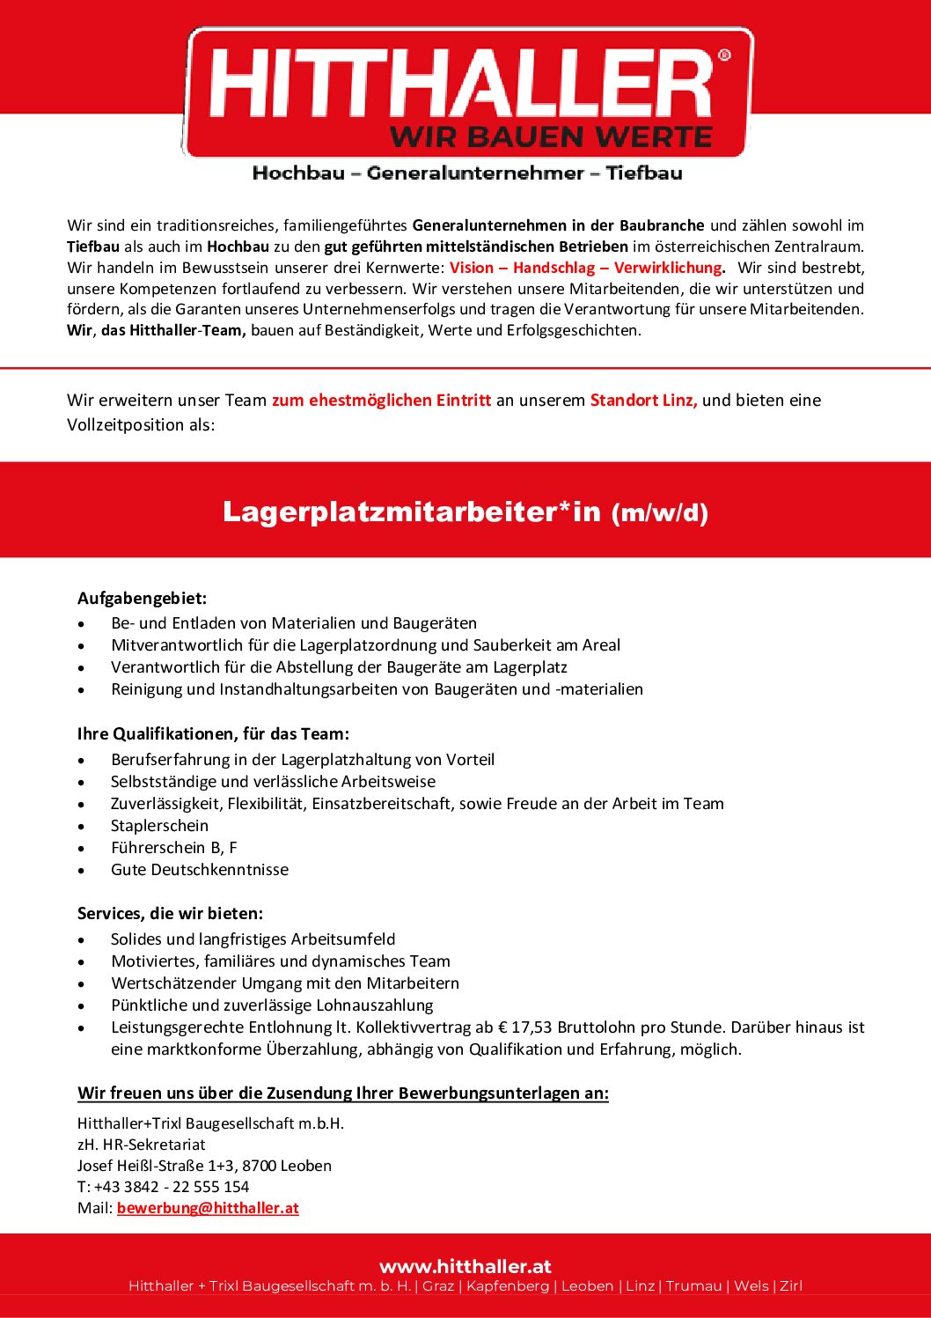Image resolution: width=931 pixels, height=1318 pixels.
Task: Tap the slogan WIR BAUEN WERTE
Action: (551, 137)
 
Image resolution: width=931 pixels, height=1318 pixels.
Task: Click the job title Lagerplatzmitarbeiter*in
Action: (411, 511)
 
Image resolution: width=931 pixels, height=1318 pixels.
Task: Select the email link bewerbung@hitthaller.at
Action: (208, 1208)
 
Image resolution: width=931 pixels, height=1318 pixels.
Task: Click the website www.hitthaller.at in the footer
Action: (465, 1266)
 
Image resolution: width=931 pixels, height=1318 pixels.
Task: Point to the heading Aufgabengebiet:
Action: (142, 599)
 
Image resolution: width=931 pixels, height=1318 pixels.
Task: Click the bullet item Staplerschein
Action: (159, 826)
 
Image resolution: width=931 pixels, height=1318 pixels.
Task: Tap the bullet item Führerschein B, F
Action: (173, 848)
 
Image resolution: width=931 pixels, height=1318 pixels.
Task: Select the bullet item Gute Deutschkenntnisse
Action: (199, 870)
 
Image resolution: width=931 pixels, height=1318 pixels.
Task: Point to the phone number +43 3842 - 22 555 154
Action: (171, 1187)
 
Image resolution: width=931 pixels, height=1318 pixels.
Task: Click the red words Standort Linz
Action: (643, 401)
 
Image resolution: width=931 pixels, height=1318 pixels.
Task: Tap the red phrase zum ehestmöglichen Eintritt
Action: (381, 401)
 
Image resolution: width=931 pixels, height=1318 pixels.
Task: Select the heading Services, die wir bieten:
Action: (170, 913)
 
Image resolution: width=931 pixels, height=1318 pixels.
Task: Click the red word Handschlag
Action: (554, 268)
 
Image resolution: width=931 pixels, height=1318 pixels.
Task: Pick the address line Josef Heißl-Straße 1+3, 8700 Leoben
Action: (204, 1166)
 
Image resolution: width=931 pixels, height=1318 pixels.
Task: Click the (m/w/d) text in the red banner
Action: (660, 512)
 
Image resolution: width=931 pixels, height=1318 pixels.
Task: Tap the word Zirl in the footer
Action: (791, 1286)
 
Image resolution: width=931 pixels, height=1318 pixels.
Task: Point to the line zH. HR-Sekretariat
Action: (141, 1145)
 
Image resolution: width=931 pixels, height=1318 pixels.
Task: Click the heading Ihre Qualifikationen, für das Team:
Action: (213, 734)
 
